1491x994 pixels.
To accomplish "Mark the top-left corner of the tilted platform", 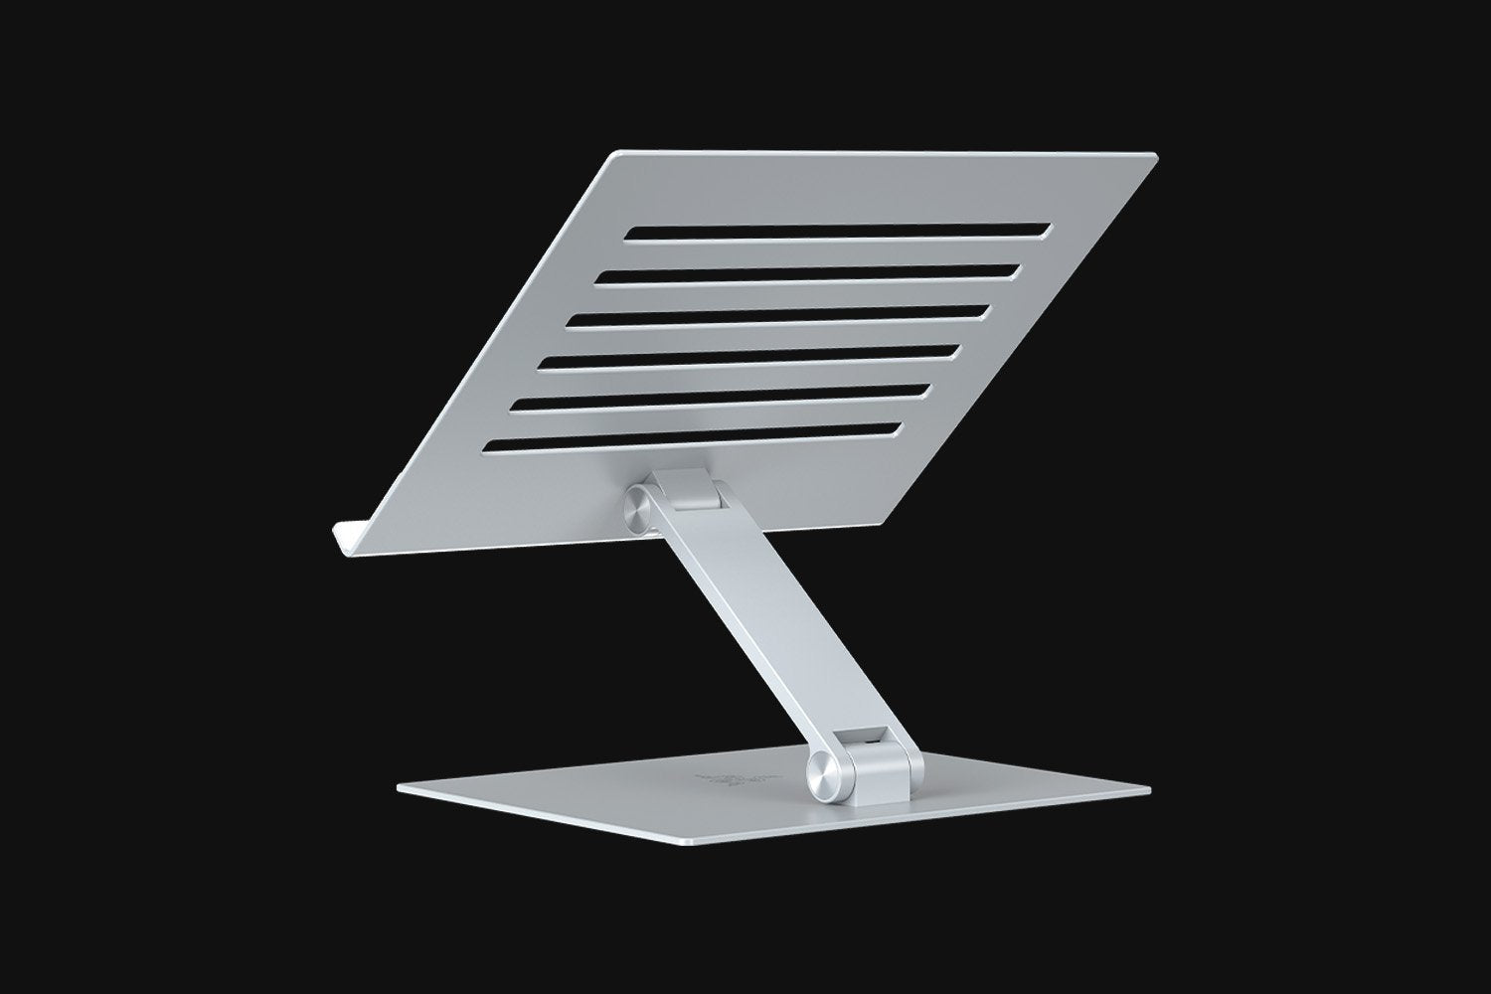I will pyautogui.click(x=616, y=153).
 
